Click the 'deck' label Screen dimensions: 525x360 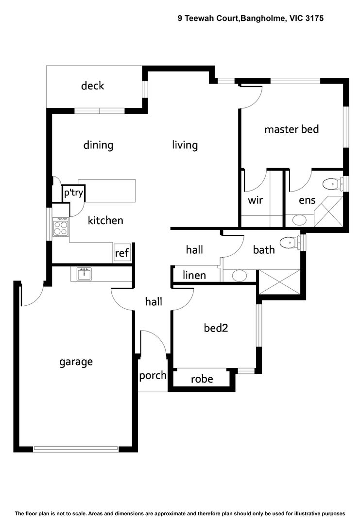pyautogui.click(x=92, y=86)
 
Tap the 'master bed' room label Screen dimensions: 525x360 pyautogui.click(x=291, y=129)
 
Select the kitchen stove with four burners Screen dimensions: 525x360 pyautogui.click(x=61, y=227)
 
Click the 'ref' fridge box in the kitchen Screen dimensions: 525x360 pyautogui.click(x=122, y=253)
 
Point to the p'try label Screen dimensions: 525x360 pyautogui.click(x=74, y=193)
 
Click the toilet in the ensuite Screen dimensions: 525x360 pyautogui.click(x=332, y=184)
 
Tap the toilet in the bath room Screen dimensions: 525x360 pyautogui.click(x=290, y=242)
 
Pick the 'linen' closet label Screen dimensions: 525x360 pyautogui.click(x=194, y=275)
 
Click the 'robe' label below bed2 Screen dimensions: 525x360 pyautogui.click(x=202, y=379)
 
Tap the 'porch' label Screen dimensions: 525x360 pyautogui.click(x=153, y=375)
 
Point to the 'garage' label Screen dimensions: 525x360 pyautogui.click(x=76, y=362)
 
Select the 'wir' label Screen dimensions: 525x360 pyautogui.click(x=256, y=200)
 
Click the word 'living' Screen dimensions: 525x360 pyautogui.click(x=185, y=145)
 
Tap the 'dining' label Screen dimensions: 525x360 pyautogui.click(x=98, y=145)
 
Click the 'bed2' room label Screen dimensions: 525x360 pyautogui.click(x=216, y=328)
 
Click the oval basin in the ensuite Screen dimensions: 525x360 pyautogui.click(x=300, y=220)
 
